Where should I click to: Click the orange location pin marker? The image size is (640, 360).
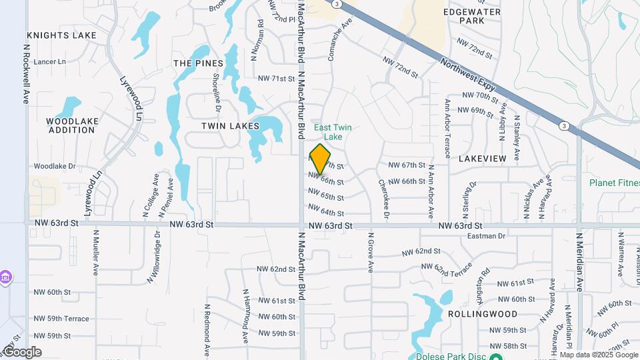pos(321,159)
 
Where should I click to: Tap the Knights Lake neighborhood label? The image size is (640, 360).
pos(62,35)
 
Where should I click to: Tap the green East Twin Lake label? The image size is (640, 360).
pos(333,132)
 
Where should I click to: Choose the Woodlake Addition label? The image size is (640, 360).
pos(71,125)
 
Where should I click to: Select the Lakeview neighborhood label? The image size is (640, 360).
pos(482,159)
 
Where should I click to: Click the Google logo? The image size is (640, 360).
pos(22,352)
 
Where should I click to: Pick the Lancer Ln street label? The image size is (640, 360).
pos(50,61)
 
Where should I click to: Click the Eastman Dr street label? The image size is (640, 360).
pos(487,236)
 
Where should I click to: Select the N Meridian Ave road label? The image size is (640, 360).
pos(579,262)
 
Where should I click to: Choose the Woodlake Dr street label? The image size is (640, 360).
pos(55,166)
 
